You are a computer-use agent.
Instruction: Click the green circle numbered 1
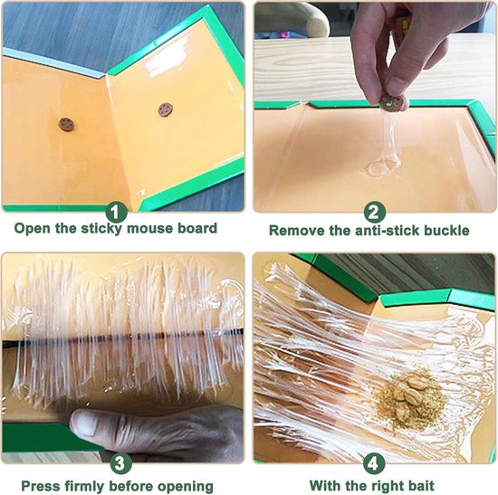(116, 212)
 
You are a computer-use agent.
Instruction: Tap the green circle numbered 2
(375, 212)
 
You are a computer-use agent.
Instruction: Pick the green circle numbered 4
(374, 464)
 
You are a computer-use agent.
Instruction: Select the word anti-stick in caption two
(374, 231)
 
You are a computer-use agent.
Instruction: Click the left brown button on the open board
(66, 124)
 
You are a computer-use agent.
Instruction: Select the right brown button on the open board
(166, 109)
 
